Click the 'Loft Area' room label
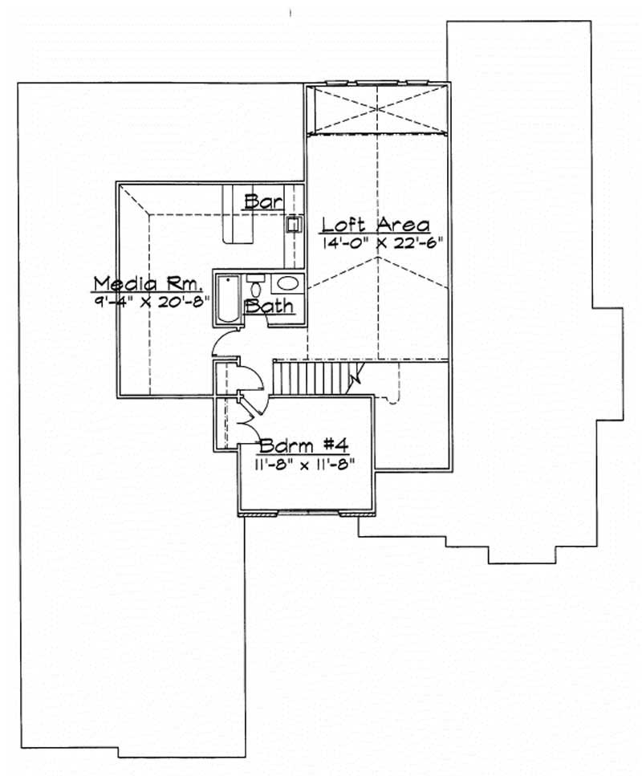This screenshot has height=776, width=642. pos(376,225)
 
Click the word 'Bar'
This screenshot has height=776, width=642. pos(264,201)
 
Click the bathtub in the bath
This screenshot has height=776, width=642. pos(227,299)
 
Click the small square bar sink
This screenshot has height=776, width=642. pos(294,225)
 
